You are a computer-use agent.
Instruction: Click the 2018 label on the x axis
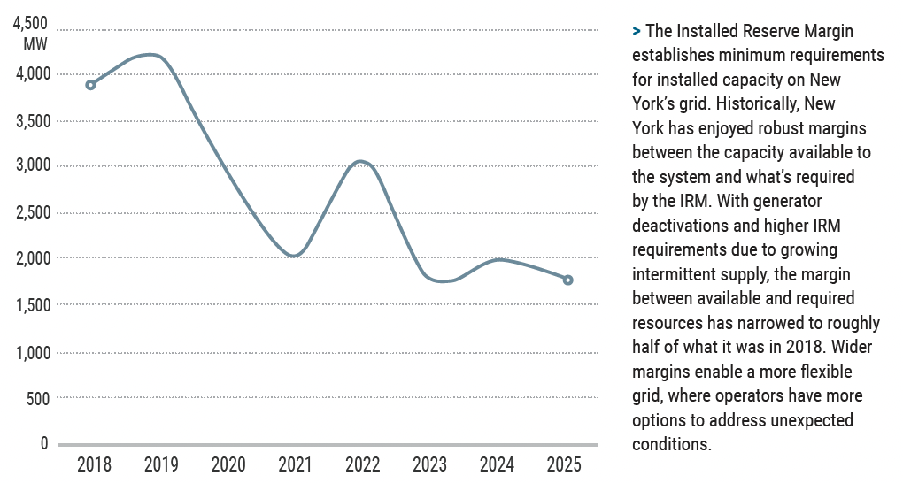pyautogui.click(x=94, y=464)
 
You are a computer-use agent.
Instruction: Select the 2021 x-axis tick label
pyautogui.click(x=295, y=464)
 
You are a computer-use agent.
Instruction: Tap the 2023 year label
pyautogui.click(x=429, y=464)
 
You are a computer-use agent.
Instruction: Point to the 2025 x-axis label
pyautogui.click(x=565, y=464)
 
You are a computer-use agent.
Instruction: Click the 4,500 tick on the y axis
pyautogui.click(x=33, y=23)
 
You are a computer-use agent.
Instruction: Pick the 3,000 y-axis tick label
pyautogui.click(x=33, y=165)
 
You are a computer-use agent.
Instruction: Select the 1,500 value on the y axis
pyautogui.click(x=33, y=305)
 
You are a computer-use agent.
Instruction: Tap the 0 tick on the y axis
pyautogui.click(x=43, y=443)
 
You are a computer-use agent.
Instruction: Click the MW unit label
pyautogui.click(x=36, y=42)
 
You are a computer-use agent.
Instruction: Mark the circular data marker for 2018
pyautogui.click(x=90, y=85)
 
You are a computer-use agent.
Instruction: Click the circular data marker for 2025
pyautogui.click(x=568, y=280)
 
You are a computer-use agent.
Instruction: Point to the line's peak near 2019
pyautogui.click(x=153, y=55)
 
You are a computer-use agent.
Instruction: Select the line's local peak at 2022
pyautogui.click(x=360, y=161)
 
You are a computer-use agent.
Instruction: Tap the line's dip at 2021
pyautogui.click(x=294, y=256)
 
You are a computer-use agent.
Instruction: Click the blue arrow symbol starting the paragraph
pyautogui.click(x=637, y=32)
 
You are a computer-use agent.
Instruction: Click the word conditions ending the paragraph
pyautogui.click(x=671, y=443)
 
